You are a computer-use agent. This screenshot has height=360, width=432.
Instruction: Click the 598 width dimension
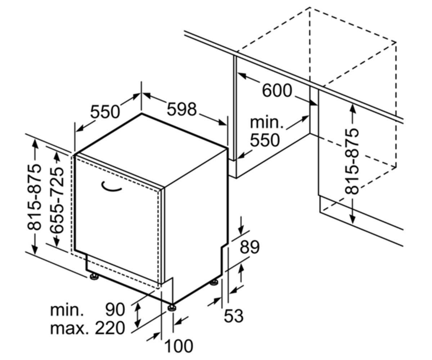click(181, 109)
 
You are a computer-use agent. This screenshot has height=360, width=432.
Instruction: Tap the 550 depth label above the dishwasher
click(105, 112)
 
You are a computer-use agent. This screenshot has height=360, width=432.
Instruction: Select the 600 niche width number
click(277, 90)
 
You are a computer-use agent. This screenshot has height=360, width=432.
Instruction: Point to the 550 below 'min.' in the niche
click(265, 140)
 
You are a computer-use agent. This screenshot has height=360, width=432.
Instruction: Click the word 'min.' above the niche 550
click(266, 123)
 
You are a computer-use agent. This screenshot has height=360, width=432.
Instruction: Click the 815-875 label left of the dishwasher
click(34, 197)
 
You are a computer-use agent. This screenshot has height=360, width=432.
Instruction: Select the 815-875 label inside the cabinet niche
click(351, 161)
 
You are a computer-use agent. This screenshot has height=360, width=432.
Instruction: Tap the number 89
click(249, 247)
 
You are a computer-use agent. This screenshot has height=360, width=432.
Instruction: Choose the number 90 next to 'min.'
click(115, 310)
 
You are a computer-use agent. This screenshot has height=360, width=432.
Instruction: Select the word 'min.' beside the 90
click(67, 310)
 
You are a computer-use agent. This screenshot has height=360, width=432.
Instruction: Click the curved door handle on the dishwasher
click(111, 187)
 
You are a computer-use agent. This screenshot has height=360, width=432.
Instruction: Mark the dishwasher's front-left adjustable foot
click(94, 276)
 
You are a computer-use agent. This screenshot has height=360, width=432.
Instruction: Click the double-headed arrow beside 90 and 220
click(137, 315)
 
